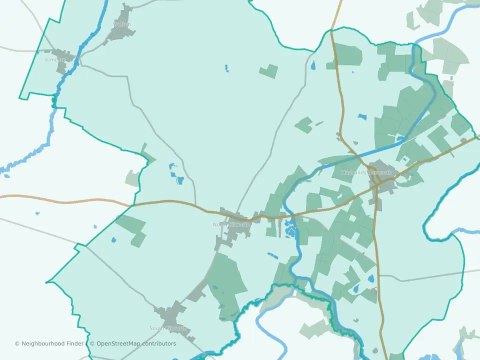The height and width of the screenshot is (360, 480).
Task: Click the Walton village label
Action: pyautogui.click(x=122, y=24)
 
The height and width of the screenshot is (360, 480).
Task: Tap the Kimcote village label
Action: pyautogui.click(x=55, y=60)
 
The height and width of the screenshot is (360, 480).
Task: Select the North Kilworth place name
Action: pyautogui.click(x=231, y=224)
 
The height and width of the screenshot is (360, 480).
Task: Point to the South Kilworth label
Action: pyautogui.click(x=168, y=328)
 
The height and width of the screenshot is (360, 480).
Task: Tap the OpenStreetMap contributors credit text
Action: pyautogui.click(x=132, y=343)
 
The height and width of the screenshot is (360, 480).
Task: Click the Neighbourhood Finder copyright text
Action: pyautogui.click(x=49, y=343)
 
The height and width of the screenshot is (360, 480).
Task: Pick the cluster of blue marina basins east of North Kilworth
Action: pyautogui.click(x=290, y=230)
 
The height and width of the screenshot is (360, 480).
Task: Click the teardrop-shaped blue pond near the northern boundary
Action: pyautogui.click(x=313, y=65)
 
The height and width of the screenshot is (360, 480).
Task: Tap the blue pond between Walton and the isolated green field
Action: pyautogui.click(x=226, y=67)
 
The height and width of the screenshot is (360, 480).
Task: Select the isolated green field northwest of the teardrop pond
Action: pyautogui.click(x=269, y=70)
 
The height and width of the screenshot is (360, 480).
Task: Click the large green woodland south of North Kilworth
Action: pyautogui.click(x=227, y=282)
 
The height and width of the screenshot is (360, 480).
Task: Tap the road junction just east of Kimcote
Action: pyautogui.click(x=79, y=63)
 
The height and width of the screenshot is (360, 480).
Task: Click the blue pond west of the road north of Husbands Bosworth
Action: pyautogui.click(x=362, y=117)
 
